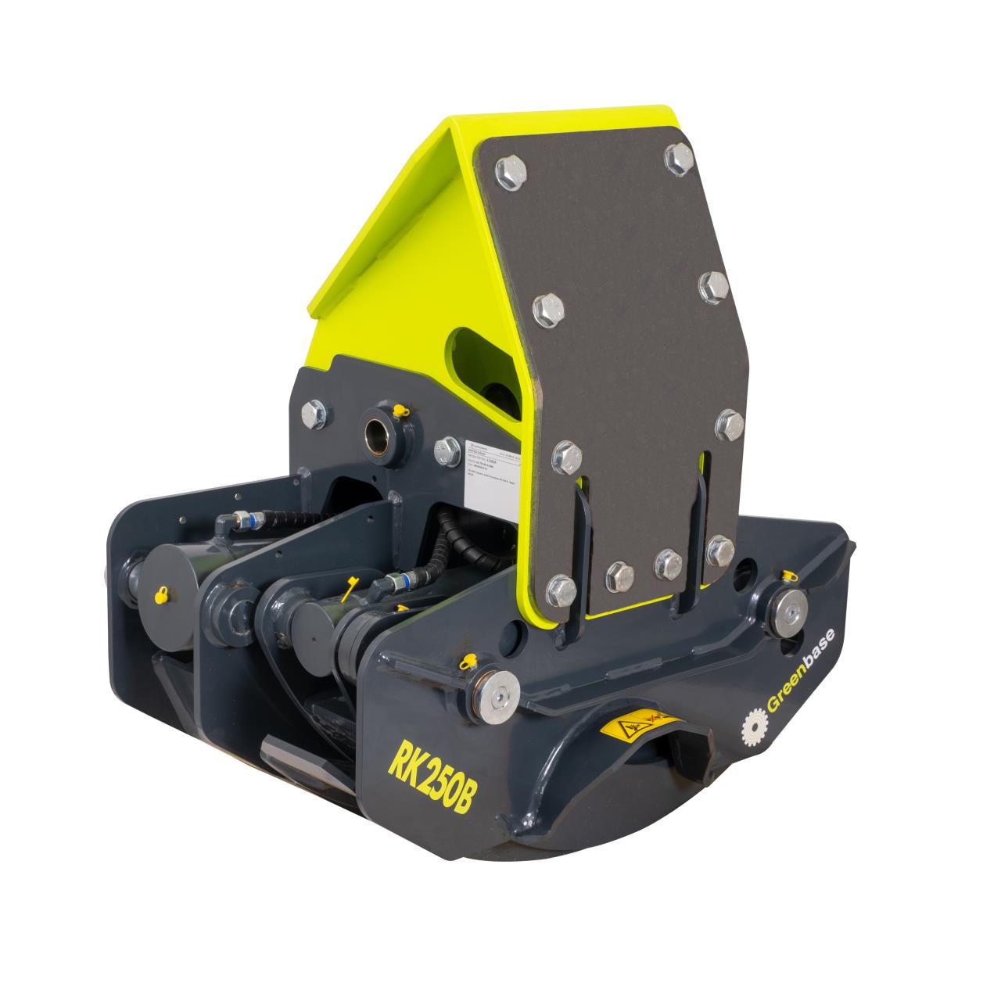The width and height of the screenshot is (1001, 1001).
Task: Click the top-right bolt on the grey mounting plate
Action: (679, 159)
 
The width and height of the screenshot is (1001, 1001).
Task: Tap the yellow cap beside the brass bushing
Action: (401, 410)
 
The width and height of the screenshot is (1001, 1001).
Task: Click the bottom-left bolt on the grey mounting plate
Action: (562, 587)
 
